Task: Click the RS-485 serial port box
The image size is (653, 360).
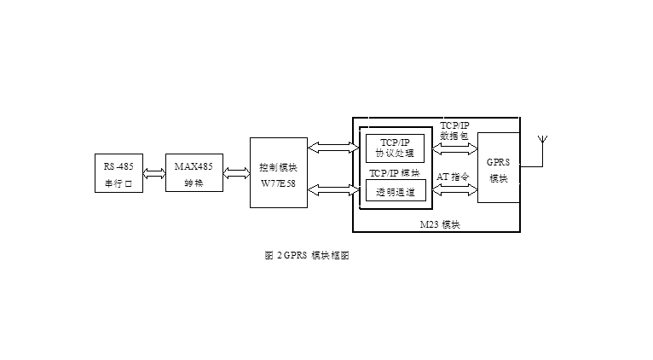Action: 118,174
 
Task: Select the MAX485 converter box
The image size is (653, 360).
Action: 194,174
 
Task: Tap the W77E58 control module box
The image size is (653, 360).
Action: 278,171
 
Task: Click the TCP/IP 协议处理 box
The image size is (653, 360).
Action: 395,148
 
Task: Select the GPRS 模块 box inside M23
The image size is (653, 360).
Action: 498,168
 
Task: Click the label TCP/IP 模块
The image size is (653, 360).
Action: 395,171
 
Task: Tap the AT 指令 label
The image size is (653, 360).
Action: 454,177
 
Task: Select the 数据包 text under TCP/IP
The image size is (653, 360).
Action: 454,136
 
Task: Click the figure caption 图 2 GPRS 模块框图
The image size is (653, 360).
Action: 307,256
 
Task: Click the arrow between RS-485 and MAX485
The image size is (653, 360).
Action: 154,174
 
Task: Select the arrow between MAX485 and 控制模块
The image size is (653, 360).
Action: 235,174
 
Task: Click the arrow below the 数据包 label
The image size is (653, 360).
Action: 454,147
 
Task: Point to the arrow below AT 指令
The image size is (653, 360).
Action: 454,189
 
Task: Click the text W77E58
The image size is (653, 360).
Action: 278,182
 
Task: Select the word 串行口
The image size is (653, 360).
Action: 118,183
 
